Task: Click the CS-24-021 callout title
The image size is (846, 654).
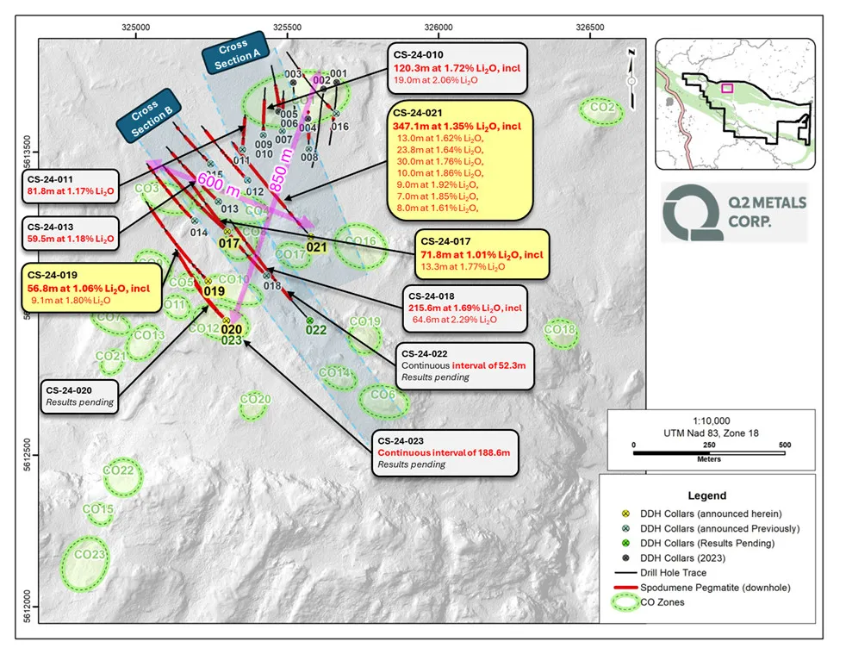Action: tap(417, 112)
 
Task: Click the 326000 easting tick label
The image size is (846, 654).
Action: tap(438, 27)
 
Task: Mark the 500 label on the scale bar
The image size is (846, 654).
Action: tap(785, 445)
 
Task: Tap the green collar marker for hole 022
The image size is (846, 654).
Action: tap(310, 321)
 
